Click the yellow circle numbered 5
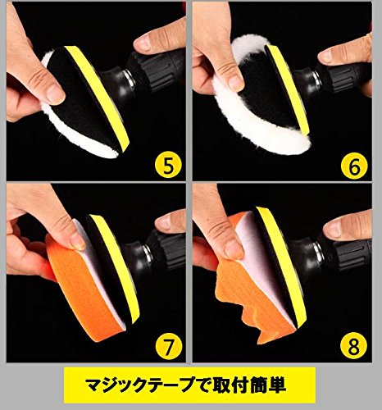point(168,165)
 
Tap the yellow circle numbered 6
point(354,166)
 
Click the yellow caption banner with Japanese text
point(189,385)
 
